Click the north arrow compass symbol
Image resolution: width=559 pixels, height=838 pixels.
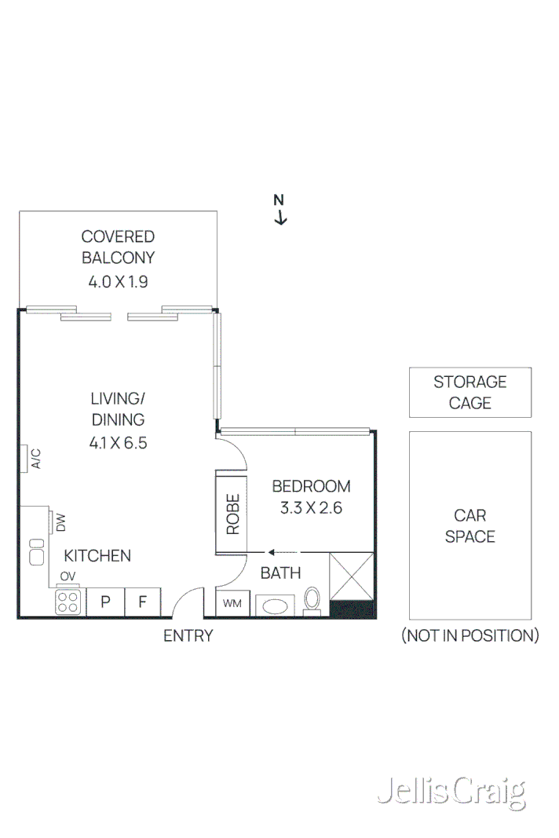click(279, 210)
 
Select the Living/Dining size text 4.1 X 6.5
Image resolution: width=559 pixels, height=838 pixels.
click(118, 443)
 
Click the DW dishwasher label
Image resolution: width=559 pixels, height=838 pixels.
click(60, 522)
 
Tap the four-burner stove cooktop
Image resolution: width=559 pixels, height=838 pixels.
click(68, 602)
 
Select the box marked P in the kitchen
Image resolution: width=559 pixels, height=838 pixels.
click(104, 602)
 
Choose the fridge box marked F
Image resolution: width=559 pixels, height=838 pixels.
click(143, 602)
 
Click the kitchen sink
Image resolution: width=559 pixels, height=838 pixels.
click(36, 553)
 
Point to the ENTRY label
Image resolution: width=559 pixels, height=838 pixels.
click(188, 636)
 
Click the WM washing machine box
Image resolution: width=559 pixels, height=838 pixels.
click(232, 603)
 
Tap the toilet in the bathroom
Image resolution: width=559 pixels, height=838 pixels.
click(312, 599)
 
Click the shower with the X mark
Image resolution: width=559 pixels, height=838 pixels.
click(352, 577)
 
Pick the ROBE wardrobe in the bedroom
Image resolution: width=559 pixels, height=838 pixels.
click(232, 513)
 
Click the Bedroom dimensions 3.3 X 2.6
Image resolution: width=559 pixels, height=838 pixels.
click(311, 507)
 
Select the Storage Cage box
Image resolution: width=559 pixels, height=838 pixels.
click(469, 392)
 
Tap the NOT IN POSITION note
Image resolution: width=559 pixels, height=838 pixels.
click(469, 635)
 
